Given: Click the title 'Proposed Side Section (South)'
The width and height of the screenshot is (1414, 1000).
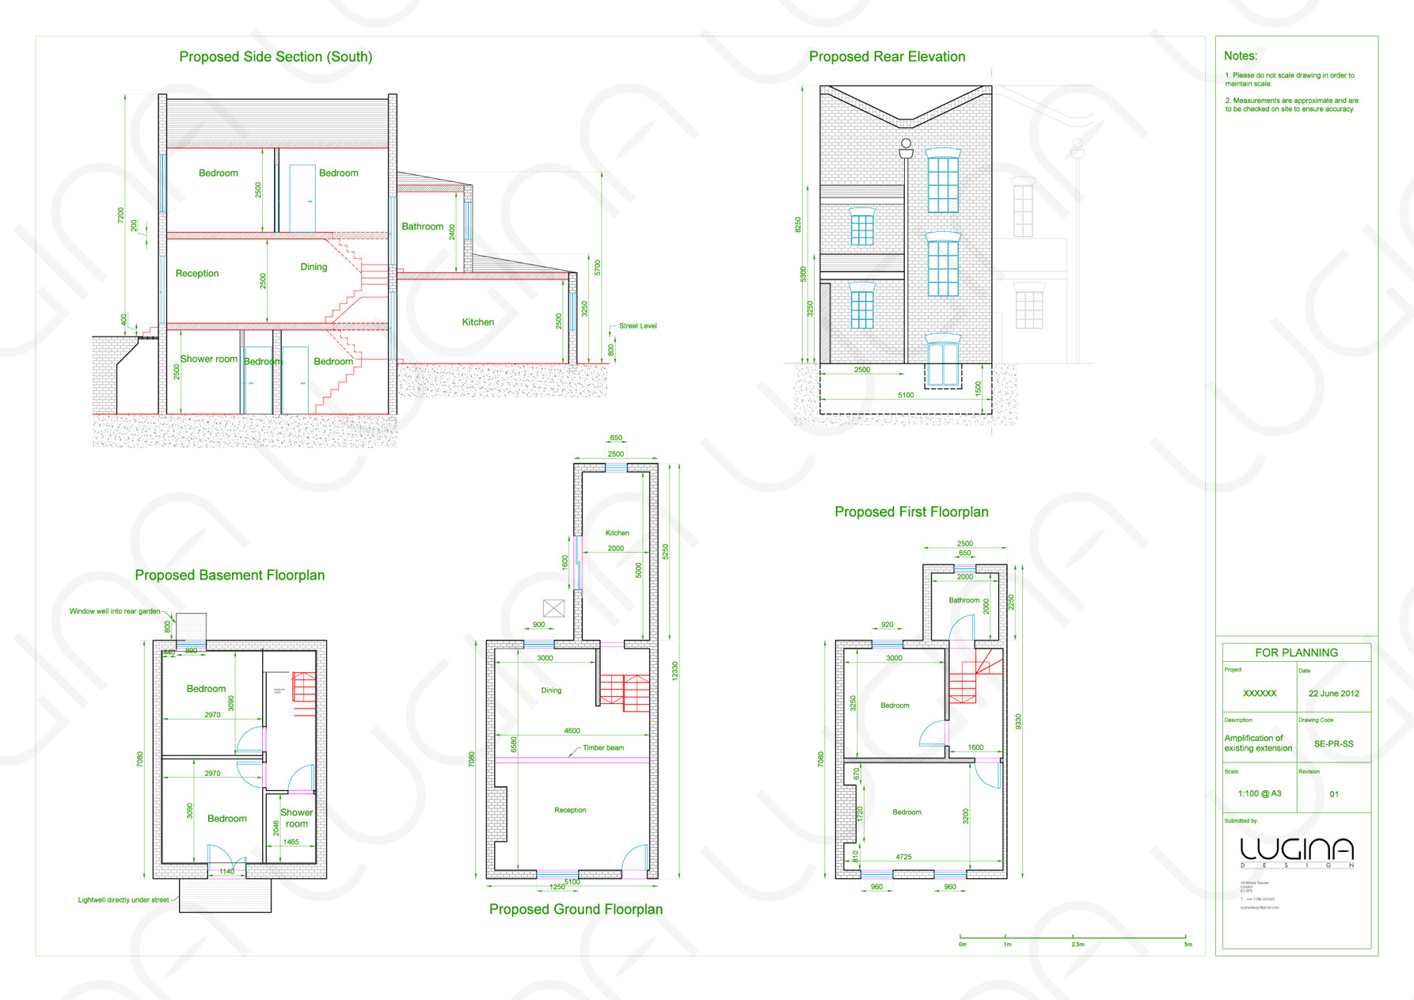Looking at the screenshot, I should [276, 57].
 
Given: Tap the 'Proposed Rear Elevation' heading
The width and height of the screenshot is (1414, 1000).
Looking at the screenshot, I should [887, 57].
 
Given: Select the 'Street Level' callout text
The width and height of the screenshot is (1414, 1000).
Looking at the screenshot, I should [637, 326].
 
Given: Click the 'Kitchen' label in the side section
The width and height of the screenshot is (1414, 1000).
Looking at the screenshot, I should [477, 322].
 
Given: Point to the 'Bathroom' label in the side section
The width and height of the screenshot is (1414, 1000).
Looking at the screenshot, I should [422, 226].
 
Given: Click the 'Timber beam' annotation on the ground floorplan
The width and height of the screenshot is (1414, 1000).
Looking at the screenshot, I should [603, 748].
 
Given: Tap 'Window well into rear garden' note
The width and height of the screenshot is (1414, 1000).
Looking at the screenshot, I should [115, 611].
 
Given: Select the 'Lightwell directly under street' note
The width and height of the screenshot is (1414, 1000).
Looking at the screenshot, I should [124, 900].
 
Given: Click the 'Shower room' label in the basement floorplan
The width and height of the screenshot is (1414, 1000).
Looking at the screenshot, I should [296, 818].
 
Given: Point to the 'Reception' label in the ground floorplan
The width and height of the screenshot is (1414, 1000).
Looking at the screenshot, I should [570, 810].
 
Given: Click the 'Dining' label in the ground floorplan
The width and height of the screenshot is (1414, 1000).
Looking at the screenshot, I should [551, 690].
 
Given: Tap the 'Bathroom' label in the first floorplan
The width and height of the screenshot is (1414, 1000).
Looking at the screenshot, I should [964, 600].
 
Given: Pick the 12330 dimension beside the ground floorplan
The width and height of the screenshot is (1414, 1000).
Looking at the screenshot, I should [675, 671].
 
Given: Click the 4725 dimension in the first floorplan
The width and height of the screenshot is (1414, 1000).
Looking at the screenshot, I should [903, 857].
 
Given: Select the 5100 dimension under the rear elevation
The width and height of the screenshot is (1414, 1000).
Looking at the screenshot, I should [906, 395].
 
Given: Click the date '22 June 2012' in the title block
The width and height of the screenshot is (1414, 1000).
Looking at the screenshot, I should [1333, 694].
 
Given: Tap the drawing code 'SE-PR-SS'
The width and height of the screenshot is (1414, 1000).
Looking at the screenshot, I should [1333, 744].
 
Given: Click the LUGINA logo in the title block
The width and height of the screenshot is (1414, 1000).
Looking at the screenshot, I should [1296, 851].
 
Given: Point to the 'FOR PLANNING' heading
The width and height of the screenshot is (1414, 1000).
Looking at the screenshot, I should [1296, 652].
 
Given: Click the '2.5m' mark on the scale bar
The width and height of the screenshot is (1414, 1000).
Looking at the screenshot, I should [1078, 945].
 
